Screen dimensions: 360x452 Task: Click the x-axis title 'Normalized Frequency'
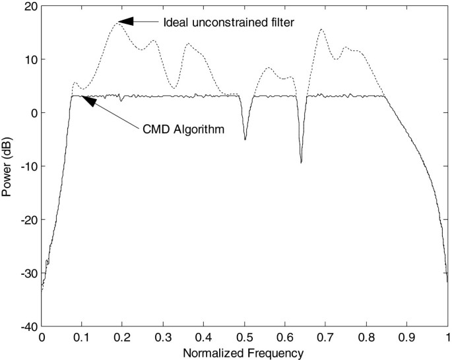[245, 353]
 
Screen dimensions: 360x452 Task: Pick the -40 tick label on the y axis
[28, 326]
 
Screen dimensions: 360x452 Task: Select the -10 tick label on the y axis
[28, 166]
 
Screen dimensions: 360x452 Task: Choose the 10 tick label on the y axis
[31, 59]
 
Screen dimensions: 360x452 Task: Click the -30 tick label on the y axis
[28, 273]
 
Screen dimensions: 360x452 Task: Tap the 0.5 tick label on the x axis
[245, 337]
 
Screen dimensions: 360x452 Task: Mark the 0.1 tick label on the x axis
[82, 337]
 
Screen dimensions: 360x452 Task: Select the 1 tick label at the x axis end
[447, 337]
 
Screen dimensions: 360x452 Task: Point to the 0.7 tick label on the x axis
[326, 337]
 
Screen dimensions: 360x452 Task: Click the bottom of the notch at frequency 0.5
[245, 139]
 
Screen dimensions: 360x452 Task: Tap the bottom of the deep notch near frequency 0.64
[301, 162]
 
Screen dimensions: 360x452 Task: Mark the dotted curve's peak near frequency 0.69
[321, 29]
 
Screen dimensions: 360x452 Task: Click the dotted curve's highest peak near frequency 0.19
[119, 24]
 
